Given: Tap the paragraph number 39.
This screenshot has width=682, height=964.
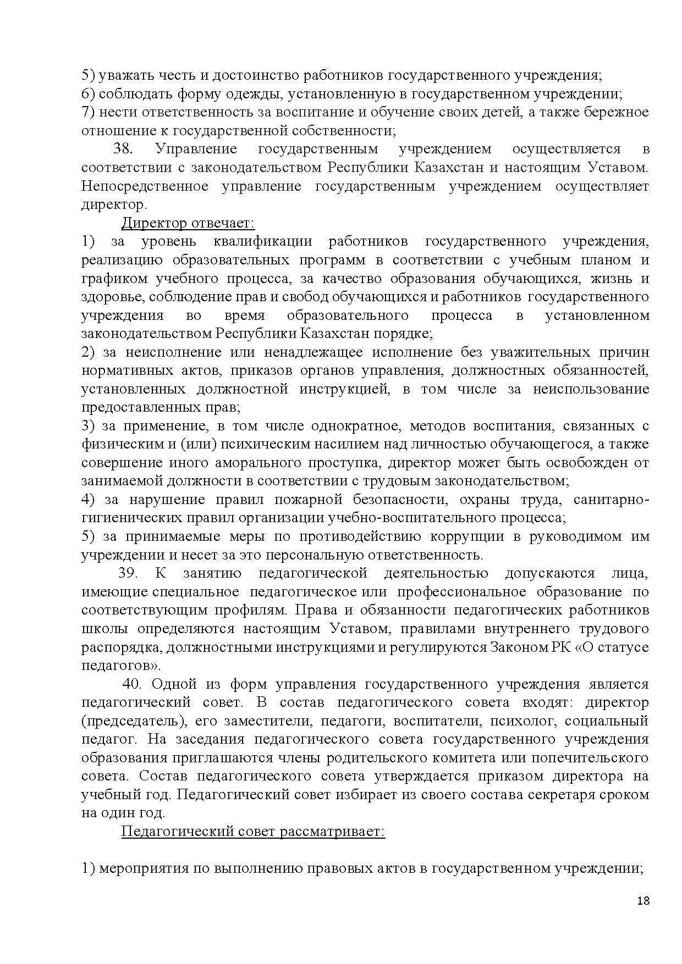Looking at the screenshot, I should click(x=128, y=573).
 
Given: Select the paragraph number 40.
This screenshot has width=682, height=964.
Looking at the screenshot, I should click(x=133, y=684).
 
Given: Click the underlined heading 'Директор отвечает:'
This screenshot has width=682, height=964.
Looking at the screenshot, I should click(x=188, y=223).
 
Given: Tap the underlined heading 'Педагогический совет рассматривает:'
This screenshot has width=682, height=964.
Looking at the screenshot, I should click(x=253, y=832).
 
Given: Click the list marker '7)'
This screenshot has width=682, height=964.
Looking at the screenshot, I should click(x=89, y=112).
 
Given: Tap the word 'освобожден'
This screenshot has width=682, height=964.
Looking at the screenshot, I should click(x=580, y=463).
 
